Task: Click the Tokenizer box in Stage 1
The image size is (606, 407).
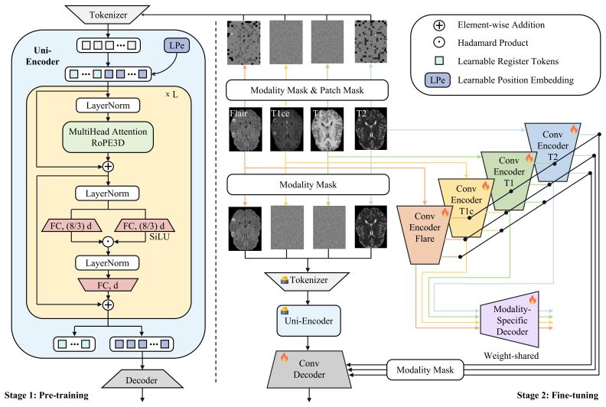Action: coord(107,15)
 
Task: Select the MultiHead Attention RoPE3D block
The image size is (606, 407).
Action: coord(108,137)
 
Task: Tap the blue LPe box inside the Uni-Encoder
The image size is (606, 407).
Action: coord(177,46)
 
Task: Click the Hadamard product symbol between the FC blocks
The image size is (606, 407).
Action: coord(108,242)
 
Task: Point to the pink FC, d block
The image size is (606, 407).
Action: coord(108,285)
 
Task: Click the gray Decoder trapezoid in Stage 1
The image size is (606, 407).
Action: coord(142,379)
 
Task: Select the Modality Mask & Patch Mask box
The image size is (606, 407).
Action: coord(307,90)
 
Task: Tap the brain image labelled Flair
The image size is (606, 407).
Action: coord(245,129)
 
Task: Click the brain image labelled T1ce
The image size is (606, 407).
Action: coord(286,129)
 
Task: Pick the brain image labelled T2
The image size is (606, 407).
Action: coord(370,129)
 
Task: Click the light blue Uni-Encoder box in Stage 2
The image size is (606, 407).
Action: coord(308,321)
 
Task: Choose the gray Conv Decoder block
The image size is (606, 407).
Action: coord(309,369)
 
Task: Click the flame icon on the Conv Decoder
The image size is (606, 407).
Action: coord(284,357)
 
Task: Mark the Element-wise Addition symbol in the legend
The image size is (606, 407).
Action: coord(439,25)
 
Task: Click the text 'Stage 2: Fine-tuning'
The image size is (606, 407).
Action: coord(557,395)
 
